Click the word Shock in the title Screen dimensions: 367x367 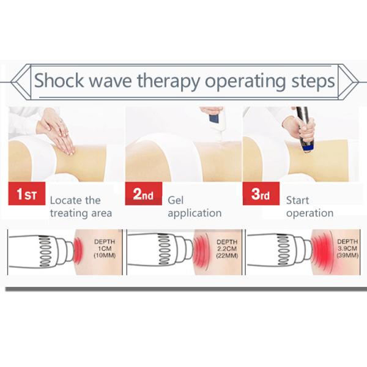[59, 81]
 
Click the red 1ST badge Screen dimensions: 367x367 [27, 193]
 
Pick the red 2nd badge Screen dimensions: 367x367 [144, 193]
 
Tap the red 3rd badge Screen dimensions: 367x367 [261, 193]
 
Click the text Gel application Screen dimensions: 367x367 [195, 207]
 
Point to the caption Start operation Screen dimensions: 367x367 [310, 207]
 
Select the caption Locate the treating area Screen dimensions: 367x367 [81, 207]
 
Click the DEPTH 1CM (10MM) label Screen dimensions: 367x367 [105, 248]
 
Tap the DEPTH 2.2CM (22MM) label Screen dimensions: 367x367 [227, 249]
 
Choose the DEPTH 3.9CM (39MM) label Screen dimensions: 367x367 [347, 248]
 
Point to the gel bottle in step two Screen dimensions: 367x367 [215, 122]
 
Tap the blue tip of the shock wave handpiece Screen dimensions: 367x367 [309, 147]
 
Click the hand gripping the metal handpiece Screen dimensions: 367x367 [300, 128]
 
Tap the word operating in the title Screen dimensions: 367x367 [245, 81]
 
